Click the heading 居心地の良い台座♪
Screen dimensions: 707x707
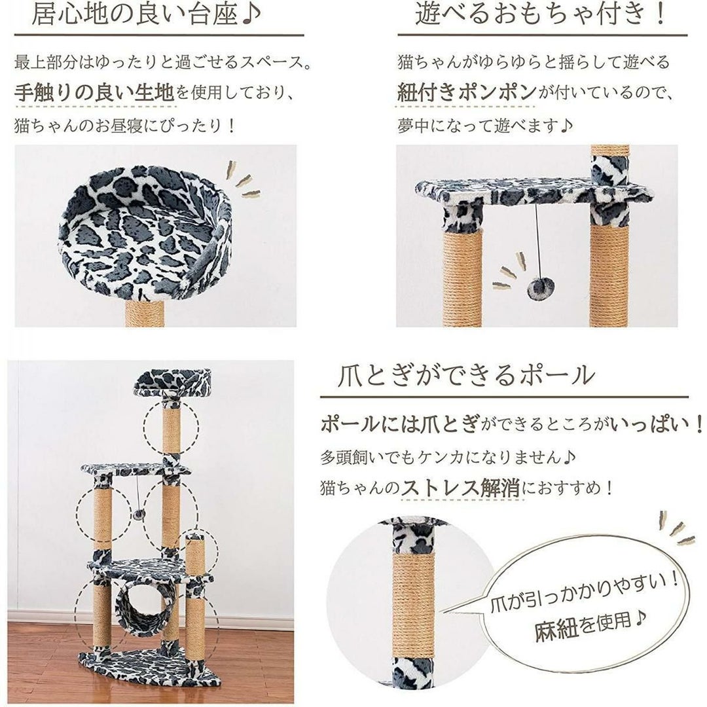click(x=146, y=14)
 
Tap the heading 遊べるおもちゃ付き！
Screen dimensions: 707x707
click(x=540, y=14)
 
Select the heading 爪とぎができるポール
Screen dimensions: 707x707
click(x=466, y=375)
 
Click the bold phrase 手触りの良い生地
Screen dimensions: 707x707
click(x=94, y=93)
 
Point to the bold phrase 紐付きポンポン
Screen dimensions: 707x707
click(x=467, y=93)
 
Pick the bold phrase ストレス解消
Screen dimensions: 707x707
click(x=460, y=488)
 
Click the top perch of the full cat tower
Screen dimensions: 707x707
click(x=172, y=382)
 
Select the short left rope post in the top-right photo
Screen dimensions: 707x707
click(x=462, y=276)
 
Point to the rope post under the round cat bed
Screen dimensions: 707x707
click(x=144, y=313)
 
